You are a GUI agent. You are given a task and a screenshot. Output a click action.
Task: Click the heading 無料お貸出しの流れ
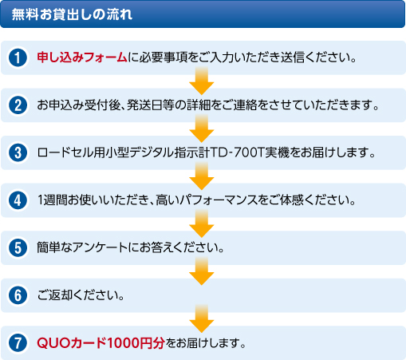72,14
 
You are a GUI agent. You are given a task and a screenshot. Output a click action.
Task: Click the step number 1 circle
18,57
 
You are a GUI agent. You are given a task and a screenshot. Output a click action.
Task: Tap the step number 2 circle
18,105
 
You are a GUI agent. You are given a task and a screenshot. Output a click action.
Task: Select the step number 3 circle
18,152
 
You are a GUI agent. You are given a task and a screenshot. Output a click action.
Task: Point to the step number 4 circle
18,200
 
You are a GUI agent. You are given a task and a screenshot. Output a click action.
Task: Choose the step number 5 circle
18,247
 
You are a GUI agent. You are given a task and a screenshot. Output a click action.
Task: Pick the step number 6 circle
18,295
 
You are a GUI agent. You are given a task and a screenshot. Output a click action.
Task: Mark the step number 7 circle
18,342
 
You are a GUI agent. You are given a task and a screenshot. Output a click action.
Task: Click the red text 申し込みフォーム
82,57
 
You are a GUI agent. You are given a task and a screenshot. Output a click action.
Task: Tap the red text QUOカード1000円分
101,342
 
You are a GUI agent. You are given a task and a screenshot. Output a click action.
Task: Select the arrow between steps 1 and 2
202,81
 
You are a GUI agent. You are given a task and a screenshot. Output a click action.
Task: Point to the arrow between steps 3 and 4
202,176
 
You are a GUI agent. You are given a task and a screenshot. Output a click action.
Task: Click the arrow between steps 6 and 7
202,318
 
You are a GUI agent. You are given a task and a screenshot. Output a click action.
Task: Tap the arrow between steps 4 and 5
202,224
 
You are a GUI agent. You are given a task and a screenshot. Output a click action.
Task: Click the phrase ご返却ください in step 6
78,295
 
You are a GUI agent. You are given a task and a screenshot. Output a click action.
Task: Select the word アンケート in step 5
100,247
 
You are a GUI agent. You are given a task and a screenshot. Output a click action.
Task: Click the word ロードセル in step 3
65,152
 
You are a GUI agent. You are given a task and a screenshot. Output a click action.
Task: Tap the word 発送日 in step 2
145,105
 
